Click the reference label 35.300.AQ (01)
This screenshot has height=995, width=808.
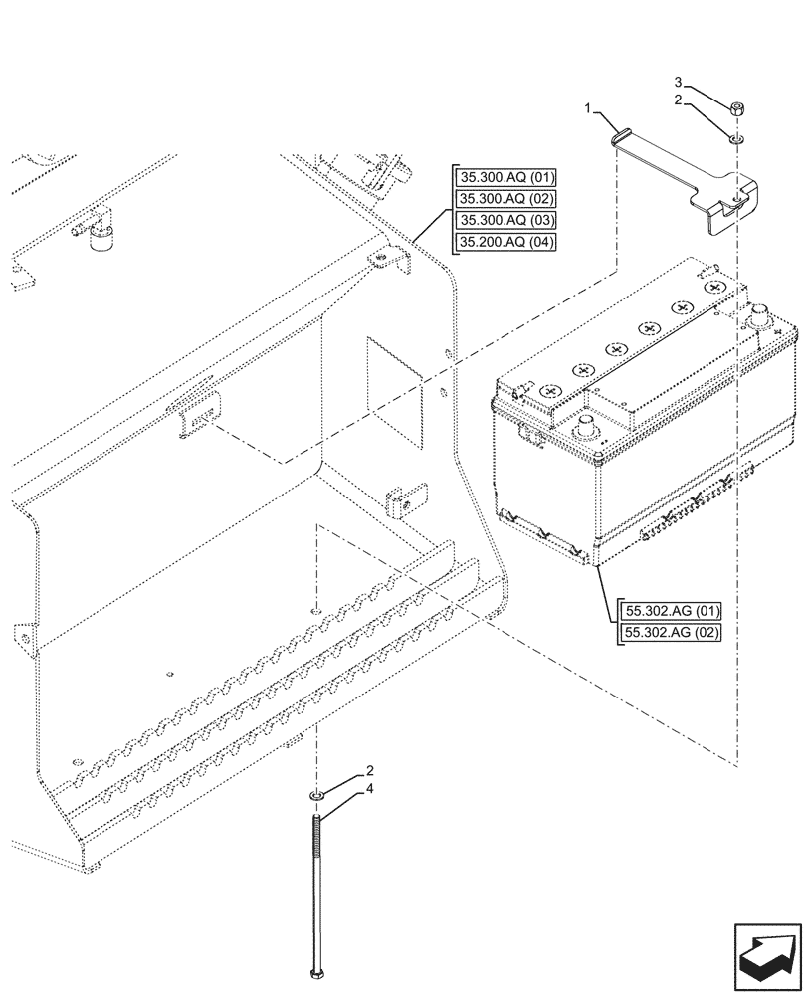pos(506,178)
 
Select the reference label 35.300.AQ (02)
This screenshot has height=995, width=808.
pos(506,199)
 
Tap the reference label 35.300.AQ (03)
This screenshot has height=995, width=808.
pos(506,220)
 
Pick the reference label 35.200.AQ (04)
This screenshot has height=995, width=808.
pos(506,242)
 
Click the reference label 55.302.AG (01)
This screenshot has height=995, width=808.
pos(673,611)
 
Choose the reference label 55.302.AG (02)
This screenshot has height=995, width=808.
pos(673,632)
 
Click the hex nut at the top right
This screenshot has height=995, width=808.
pos(736,108)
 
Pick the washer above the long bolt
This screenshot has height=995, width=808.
pos(316,795)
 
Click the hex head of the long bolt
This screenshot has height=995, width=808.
pos(316,972)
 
